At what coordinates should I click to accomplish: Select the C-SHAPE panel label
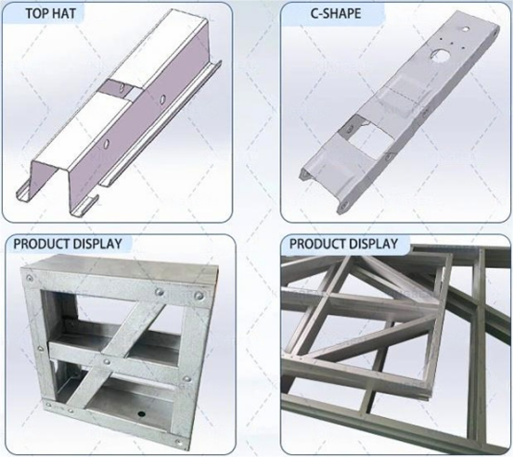pyautogui.click(x=336, y=13)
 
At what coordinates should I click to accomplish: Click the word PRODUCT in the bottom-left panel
pyautogui.click(x=40, y=244)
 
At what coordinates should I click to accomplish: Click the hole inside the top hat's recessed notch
pyautogui.click(x=122, y=88)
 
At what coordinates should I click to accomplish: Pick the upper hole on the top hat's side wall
pyautogui.click(x=162, y=99)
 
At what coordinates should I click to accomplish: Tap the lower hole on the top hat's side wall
pyautogui.click(x=106, y=144)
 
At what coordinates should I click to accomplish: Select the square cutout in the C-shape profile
pyautogui.click(x=372, y=135)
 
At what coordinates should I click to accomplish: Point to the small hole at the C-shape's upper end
pyautogui.click(x=465, y=29)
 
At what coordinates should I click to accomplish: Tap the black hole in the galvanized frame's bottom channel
pyautogui.click(x=141, y=413)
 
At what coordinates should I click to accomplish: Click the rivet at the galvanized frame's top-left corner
pyautogui.click(x=30, y=278)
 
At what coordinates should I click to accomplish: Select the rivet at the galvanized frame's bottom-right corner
pyautogui.click(x=179, y=442)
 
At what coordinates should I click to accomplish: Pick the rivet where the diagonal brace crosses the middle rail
pyautogui.click(x=107, y=362)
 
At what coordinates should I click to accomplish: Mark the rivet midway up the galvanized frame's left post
pyautogui.click(x=41, y=349)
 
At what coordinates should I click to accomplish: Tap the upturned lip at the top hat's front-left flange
pyautogui.click(x=20, y=191)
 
